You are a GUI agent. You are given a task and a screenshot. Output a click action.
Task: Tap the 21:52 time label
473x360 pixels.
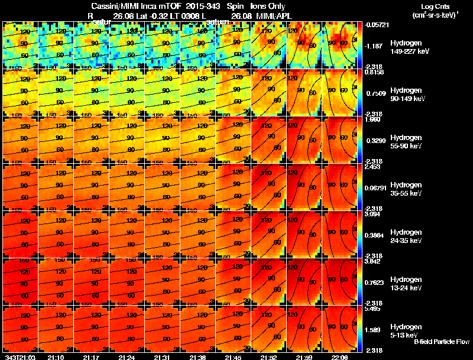coord(269,357)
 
